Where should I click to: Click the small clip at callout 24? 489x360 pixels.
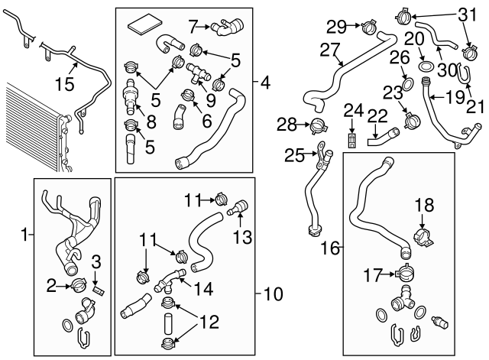pos(351,140)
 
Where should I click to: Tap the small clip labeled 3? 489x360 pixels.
pos(97,290)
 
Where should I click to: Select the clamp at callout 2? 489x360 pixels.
pos(79,286)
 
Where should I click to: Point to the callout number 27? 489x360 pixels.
pos(329,50)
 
